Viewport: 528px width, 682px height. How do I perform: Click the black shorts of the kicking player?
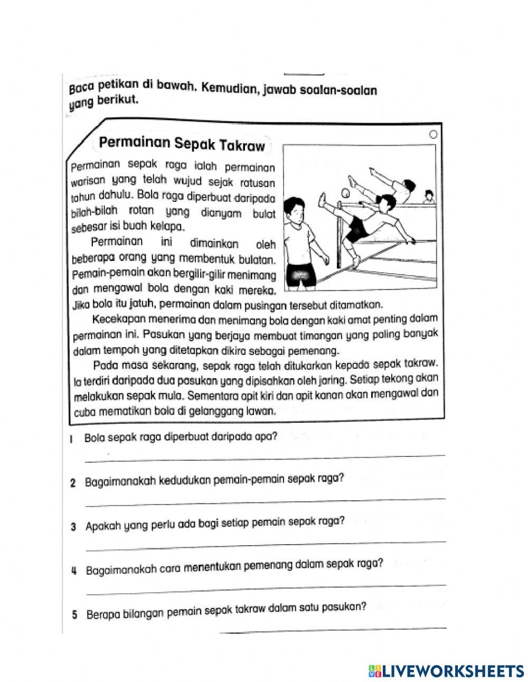tap(360, 228)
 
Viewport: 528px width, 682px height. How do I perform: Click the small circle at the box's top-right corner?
tap(433, 135)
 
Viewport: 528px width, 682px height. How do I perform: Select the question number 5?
tap(74, 615)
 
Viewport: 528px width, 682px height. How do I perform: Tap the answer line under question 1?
tap(264, 457)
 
